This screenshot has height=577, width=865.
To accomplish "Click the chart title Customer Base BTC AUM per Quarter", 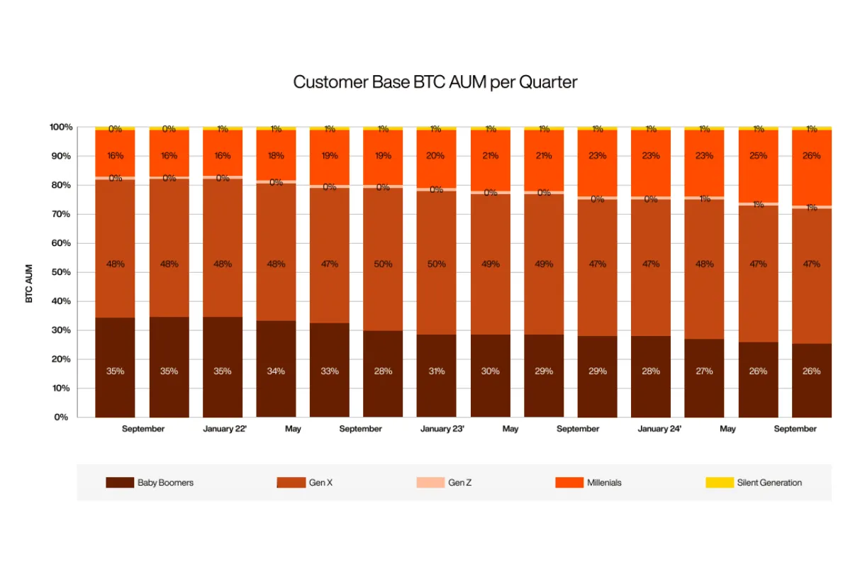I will pos(435,82).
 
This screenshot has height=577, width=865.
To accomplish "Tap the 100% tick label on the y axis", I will pos(61,128).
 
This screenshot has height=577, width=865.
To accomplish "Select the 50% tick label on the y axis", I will pos(61,272).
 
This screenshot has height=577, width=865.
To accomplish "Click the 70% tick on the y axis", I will pos(61,214).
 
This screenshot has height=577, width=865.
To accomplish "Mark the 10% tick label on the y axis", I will pos(61,388).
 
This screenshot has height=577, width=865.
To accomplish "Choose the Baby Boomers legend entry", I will pos(150,483).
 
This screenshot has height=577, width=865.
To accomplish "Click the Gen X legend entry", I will pos(305,483).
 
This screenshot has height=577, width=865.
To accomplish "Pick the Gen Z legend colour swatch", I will pos(430,483).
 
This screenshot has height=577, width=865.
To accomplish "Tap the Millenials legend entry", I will pos(589,483).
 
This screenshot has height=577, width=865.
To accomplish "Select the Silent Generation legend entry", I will pos(754,483).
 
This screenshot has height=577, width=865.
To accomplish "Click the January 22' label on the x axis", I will pos(225,429).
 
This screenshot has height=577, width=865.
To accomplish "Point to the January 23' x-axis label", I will pos(442,429).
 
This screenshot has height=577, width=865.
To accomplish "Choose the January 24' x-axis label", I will pos(659,429).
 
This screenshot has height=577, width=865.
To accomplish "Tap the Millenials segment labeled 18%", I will pos(276,156).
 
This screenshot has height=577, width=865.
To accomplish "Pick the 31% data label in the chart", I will pos(437,371).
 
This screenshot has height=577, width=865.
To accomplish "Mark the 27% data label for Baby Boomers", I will pos(705,371).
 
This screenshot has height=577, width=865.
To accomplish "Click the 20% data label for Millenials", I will pos(437,156).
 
